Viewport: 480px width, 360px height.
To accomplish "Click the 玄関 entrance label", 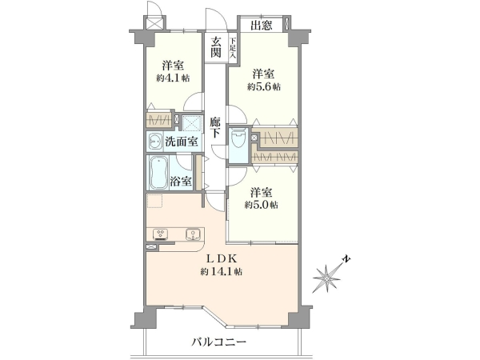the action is coord(215,47).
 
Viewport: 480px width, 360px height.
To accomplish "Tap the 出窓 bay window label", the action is coord(262,25).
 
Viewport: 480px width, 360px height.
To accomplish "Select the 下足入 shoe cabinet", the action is coord(233,48).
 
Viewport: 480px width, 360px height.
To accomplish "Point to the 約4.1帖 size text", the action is coord(173,78).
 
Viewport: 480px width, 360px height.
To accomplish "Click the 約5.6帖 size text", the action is coord(263,87).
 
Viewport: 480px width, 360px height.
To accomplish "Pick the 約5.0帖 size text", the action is coord(261,205).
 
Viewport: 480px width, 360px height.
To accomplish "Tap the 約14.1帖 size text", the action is coord(222,271).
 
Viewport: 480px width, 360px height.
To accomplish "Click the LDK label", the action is coord(222,259).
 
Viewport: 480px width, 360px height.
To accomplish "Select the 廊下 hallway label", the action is coord(215,127).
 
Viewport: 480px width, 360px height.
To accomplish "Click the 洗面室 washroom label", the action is coord(182,142).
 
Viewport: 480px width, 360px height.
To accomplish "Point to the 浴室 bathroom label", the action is coord(181,182).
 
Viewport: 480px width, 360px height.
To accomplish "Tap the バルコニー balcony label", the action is coord(219,342).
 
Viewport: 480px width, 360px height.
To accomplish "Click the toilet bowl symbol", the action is coord(239,138).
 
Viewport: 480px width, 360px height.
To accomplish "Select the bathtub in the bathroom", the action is coord(159,173).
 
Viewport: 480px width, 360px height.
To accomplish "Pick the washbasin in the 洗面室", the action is coord(155,142).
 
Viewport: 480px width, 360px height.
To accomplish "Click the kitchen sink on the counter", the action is coord(193,234).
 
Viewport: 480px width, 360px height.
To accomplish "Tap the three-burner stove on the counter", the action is coord(161,234).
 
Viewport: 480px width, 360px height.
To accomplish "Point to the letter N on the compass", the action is coord(346,259).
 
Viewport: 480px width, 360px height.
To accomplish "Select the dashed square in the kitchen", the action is coord(154,201).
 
